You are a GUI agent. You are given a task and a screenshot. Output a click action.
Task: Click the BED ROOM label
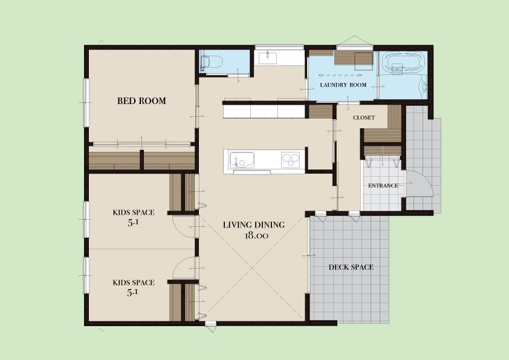tap(141, 100)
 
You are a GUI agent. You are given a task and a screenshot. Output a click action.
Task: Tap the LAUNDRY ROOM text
tap(343, 85)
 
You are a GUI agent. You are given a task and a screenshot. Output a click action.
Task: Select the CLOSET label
tap(364, 117)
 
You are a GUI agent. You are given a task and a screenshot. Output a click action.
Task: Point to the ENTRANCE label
tap(383, 186)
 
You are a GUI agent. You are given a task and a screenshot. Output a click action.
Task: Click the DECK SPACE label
tap(351, 267)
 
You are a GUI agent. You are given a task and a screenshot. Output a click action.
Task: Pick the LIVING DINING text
tap(254, 224)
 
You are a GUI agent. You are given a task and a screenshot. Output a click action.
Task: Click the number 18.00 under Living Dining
tap(256, 236)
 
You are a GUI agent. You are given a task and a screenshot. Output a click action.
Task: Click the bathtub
tap(403, 62)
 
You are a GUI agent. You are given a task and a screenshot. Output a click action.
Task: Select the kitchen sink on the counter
tap(242, 160)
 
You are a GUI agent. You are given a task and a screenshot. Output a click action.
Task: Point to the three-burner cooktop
tap(291, 160)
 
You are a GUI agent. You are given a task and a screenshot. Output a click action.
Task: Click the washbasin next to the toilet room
tap(268, 58)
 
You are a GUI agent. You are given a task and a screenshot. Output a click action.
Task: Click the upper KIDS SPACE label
tap(134, 212)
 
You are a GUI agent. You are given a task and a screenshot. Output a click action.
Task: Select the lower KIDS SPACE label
tap(134, 283)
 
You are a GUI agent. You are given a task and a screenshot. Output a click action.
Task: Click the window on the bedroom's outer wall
tap(86, 103)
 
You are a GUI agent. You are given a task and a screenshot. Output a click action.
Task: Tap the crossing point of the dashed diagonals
tap(252, 269)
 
